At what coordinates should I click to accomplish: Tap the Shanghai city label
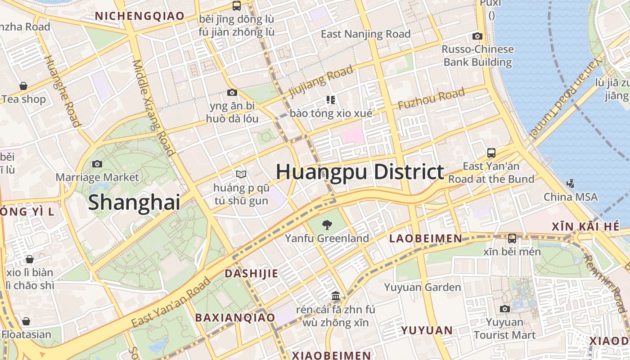click(x=134, y=202)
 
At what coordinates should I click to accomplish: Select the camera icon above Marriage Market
click(x=97, y=164)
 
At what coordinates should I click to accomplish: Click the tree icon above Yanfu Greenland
click(x=327, y=224)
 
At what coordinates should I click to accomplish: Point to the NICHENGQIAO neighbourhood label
click(x=140, y=16)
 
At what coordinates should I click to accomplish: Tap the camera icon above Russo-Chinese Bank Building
click(x=477, y=36)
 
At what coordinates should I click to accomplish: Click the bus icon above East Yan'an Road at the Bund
click(x=491, y=153)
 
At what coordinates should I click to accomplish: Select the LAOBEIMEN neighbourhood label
click(x=425, y=238)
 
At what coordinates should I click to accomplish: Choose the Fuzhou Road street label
click(x=431, y=99)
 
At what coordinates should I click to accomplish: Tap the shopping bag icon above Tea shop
click(x=23, y=86)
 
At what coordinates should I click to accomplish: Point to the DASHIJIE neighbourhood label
click(x=251, y=273)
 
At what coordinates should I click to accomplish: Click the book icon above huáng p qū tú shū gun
click(x=241, y=174)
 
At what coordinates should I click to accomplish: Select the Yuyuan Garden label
click(x=423, y=287)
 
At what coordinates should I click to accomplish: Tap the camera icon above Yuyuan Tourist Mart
click(x=505, y=309)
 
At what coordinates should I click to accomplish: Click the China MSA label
click(x=571, y=197)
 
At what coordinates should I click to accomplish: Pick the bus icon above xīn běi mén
click(x=512, y=238)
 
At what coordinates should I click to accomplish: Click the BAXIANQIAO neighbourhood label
click(x=234, y=317)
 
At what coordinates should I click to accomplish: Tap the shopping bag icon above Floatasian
click(x=26, y=321)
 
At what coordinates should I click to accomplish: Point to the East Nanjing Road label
click(x=365, y=34)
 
